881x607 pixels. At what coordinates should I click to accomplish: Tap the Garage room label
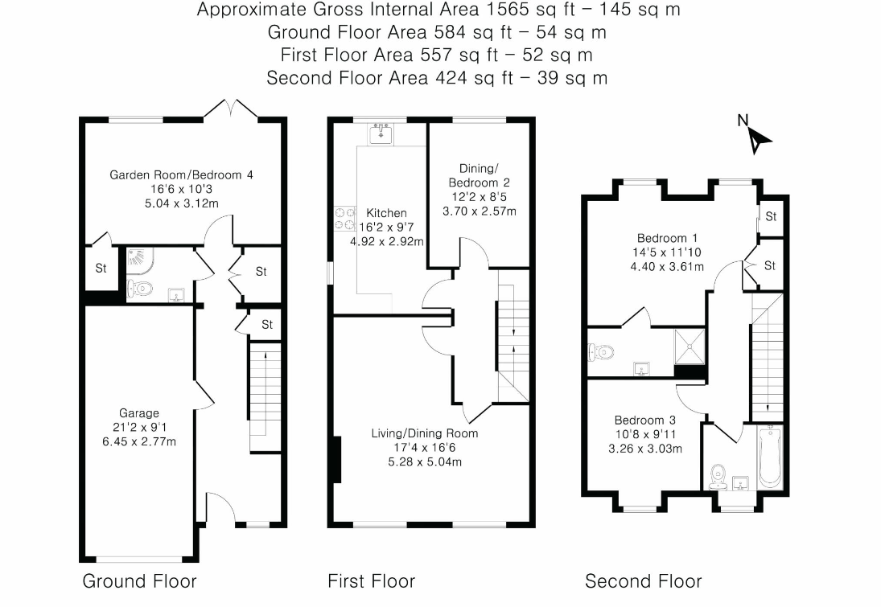point(138,413)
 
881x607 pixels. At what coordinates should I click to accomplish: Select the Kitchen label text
point(386,213)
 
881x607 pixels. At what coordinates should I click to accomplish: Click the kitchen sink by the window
point(381,133)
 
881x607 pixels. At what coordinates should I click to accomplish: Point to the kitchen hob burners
point(345,219)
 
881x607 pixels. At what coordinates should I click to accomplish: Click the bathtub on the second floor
point(770,457)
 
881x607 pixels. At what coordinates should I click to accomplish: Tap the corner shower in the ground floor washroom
point(137,258)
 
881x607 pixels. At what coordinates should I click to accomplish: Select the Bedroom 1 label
point(667,238)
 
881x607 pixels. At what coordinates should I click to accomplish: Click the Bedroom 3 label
point(645,420)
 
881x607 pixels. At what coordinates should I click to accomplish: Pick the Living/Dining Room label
point(425,433)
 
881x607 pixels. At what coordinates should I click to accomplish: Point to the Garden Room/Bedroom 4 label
point(181,175)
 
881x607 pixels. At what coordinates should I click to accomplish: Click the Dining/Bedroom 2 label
point(479,175)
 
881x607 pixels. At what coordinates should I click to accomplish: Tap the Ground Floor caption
point(139,581)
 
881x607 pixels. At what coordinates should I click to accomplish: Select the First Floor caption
point(372,581)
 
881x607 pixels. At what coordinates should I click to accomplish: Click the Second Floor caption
point(644,581)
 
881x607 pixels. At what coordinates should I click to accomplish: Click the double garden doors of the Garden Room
point(230,109)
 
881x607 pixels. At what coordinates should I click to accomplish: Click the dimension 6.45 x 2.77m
point(138,442)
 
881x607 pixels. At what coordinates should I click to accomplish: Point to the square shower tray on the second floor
point(690,347)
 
